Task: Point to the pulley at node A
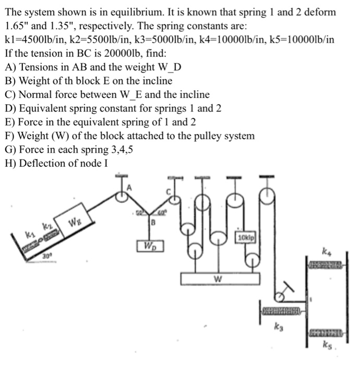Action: pos(124,198)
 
